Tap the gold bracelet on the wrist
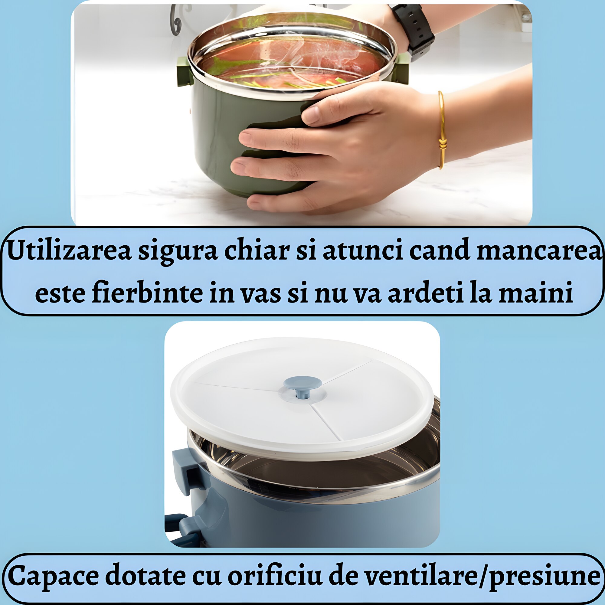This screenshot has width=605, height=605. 441,130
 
